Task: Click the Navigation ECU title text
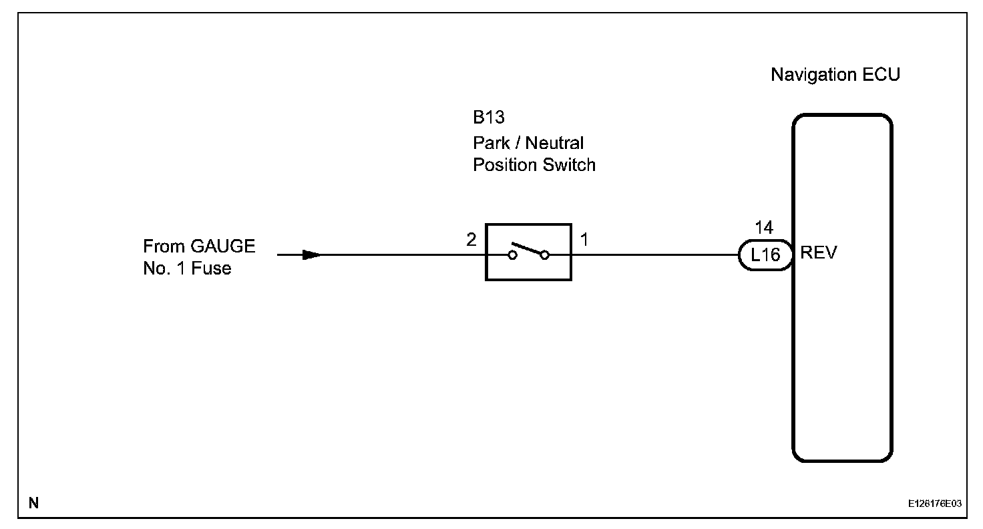coord(835,74)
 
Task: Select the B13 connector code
coord(489,118)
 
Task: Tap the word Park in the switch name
coord(491,143)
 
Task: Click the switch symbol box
coord(528,252)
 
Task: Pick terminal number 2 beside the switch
coord(471,240)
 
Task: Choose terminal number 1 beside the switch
coord(584,240)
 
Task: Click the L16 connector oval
coord(765,254)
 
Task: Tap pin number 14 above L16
coord(764,228)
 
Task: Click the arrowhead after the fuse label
coord(312,254)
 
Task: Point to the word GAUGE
coord(223,246)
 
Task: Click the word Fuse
coord(211,269)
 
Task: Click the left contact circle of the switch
coord(512,254)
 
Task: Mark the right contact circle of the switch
coord(545,254)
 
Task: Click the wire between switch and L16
coord(654,254)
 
